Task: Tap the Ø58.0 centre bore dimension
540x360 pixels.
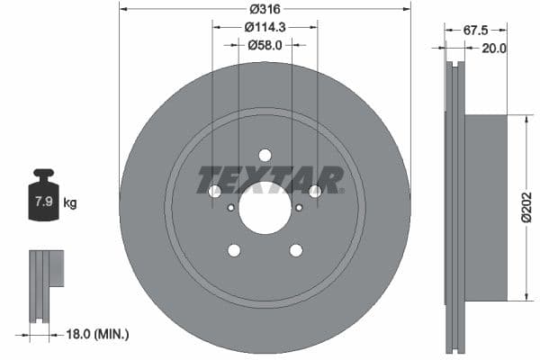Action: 265,44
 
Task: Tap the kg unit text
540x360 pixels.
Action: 71,202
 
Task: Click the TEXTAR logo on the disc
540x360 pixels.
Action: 270,180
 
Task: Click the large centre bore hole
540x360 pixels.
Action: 265,208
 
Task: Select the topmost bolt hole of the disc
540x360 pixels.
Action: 265,155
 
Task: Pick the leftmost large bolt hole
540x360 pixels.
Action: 214,192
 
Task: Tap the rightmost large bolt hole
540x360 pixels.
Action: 315,192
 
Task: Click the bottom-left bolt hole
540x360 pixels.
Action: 234,250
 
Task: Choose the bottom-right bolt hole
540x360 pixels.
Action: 295,250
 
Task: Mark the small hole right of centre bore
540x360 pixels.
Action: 298,208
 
